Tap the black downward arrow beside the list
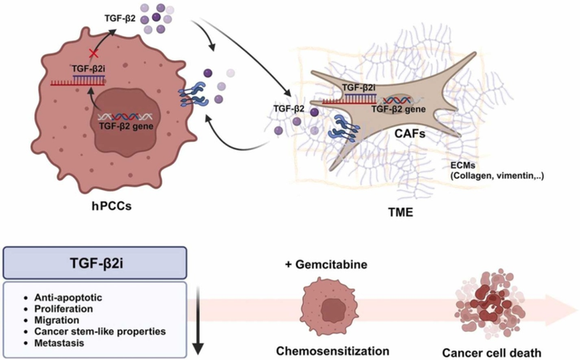tap(200, 322)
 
